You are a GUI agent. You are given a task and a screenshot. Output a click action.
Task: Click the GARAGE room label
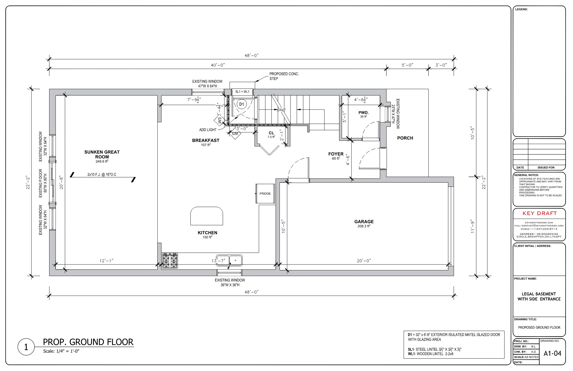tap(364, 221)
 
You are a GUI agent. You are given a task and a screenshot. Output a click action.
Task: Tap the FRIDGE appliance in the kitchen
tap(265, 193)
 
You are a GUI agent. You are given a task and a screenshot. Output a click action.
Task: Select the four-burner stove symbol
tap(170, 261)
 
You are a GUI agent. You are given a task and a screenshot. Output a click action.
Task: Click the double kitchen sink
tap(229, 261)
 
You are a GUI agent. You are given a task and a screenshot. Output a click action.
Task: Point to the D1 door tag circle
tap(241, 104)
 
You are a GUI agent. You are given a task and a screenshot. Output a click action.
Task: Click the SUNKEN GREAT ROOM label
tap(102, 155)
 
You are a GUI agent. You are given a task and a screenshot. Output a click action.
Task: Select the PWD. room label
tap(363, 113)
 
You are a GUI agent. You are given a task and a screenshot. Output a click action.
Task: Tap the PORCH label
tap(405, 138)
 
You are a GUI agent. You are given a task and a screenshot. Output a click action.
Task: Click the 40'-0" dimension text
tap(218, 65)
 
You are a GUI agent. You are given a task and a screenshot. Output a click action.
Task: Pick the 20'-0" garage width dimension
tap(364, 261)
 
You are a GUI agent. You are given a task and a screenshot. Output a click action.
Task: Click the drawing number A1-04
tap(552, 353)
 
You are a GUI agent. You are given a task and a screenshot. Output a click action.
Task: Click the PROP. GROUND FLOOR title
tap(88, 342)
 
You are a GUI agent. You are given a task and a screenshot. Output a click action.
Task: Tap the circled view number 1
tap(26, 347)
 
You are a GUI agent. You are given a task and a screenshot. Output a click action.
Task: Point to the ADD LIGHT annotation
tap(208, 130)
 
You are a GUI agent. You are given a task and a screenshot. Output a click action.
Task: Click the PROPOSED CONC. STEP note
tap(284, 76)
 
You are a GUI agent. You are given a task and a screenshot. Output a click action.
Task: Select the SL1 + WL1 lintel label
tap(242, 92)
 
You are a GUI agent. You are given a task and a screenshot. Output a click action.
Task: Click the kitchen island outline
tap(207, 216)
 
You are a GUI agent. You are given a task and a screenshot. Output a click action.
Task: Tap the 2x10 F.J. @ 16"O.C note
tap(102, 175)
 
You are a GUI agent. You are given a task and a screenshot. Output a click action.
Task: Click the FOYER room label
tap(336, 154)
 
